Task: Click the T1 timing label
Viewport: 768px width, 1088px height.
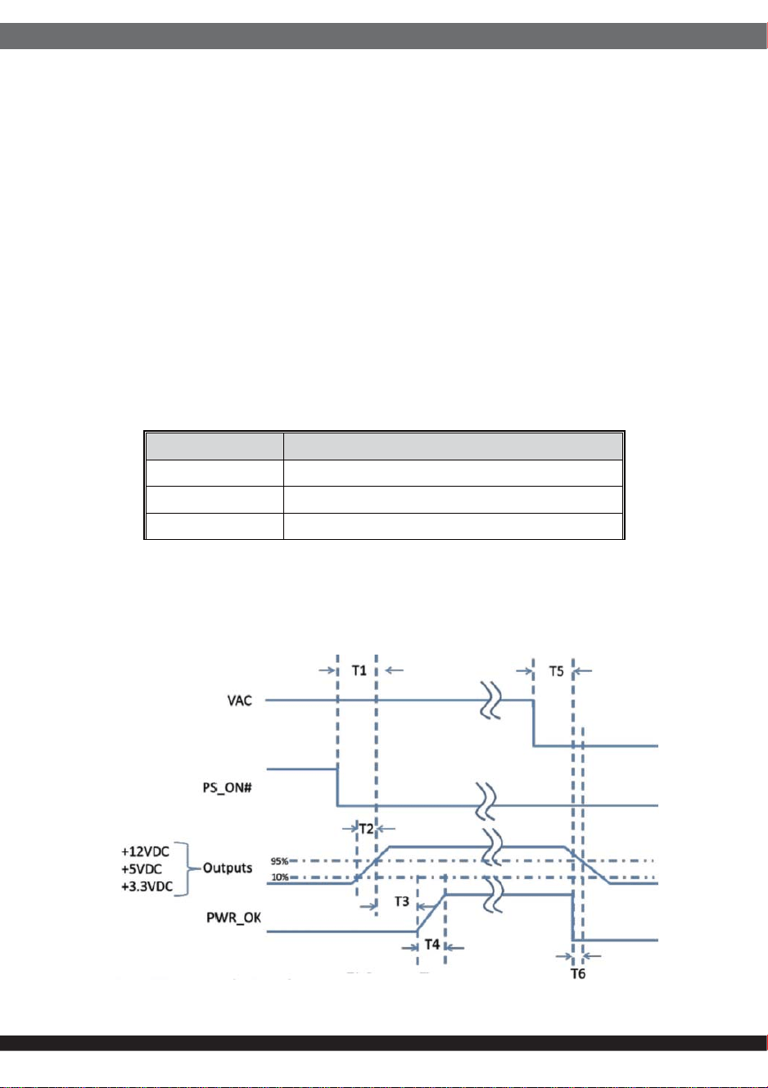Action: coord(359,671)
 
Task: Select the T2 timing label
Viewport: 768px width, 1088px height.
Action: coord(367,828)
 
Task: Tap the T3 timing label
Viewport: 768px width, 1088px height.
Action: coord(402,901)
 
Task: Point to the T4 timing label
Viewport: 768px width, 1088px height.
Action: coord(432,945)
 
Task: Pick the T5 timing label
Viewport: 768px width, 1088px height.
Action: coord(556,671)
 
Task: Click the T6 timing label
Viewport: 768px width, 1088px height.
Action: coord(578,974)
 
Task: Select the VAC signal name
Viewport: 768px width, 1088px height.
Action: coord(240,700)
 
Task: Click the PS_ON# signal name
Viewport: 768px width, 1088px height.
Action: coord(227,787)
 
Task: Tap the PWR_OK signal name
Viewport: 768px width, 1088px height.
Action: coord(233,918)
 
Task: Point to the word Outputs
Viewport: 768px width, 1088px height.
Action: coord(227,868)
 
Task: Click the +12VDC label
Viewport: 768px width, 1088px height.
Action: coord(145,851)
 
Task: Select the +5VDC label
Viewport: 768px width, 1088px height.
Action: coord(142,868)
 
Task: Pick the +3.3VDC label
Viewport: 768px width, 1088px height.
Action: coord(147,886)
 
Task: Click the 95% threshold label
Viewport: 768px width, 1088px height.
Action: coord(279,861)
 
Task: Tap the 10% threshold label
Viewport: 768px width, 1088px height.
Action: coord(280,877)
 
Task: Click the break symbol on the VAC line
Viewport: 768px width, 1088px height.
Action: coord(490,700)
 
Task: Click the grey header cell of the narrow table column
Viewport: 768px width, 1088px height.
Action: coord(215,447)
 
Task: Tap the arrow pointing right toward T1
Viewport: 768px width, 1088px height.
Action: coord(327,670)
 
